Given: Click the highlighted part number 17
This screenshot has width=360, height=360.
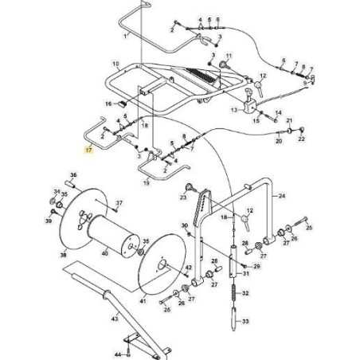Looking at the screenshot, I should click(x=89, y=149).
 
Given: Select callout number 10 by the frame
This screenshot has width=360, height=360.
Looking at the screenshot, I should click(x=115, y=64).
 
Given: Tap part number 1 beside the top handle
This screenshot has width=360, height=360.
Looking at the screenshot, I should click(x=125, y=37).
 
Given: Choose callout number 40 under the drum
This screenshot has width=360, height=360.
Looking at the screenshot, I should click(x=105, y=253).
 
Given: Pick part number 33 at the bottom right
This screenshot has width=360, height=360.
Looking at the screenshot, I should click(x=245, y=321).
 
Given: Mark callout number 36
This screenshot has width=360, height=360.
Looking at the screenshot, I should click(x=73, y=175).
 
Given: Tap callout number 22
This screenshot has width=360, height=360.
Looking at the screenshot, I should click(x=301, y=139).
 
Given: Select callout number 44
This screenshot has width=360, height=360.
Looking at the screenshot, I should click(x=117, y=353).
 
